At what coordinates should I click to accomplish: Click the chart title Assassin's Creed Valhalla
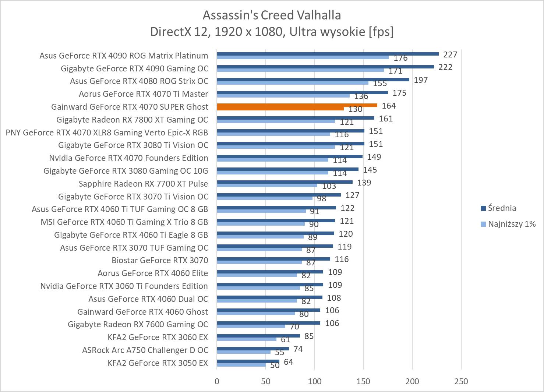[x=272, y=15]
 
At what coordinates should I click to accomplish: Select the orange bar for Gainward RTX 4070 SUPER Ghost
[x=297, y=106]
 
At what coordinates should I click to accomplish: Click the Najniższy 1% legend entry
[x=511, y=224]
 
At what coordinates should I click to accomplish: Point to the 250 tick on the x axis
[x=461, y=381]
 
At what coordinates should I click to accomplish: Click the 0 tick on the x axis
[x=217, y=381]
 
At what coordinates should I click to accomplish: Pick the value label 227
[x=450, y=55]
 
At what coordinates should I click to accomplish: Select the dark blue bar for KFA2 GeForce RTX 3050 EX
[x=248, y=361]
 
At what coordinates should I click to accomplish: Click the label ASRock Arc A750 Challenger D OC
[x=145, y=350]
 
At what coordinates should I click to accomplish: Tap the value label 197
[x=421, y=80]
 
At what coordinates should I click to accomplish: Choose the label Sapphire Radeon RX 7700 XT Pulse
[x=143, y=184]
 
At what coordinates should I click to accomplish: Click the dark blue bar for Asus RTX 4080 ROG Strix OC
[x=313, y=80]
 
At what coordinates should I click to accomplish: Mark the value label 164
[x=389, y=106]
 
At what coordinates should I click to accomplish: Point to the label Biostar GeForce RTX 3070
[x=160, y=261]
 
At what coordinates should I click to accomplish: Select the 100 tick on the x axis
[x=315, y=381]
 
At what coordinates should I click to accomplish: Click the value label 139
[x=364, y=183]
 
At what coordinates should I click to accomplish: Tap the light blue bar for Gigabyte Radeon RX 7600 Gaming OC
[x=251, y=326]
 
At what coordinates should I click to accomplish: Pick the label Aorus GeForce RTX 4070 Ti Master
[x=144, y=94]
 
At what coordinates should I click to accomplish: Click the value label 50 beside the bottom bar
[x=275, y=365]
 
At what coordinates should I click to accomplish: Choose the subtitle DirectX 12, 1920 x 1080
[x=272, y=32]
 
